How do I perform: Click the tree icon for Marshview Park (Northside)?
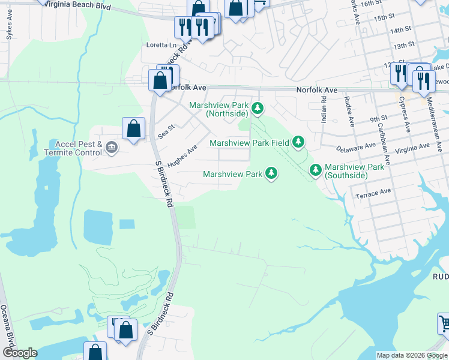click(258, 109)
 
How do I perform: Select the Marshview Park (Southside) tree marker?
click(316, 170)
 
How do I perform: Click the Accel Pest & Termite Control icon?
click(111, 148)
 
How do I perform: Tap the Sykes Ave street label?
click(9, 32)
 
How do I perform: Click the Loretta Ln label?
click(162, 45)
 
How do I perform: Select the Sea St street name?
click(166, 131)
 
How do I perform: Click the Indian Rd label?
click(324, 110)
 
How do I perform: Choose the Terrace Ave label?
click(373, 193)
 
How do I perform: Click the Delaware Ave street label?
click(355, 147)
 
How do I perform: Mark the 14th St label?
click(400, 29)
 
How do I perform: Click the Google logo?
click(20, 353)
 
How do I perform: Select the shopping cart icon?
click(444, 325)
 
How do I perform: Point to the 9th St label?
click(378, 119)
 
